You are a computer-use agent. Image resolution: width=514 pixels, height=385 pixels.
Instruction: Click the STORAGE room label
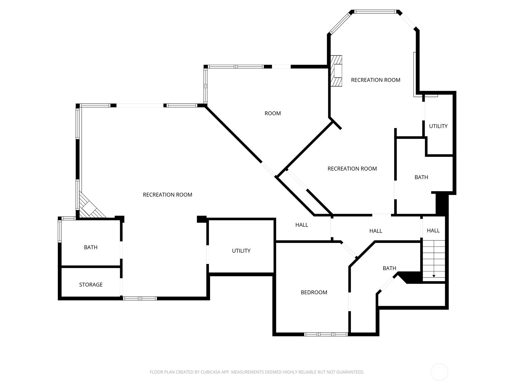click(91, 285)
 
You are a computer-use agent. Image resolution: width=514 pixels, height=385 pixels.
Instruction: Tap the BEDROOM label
click(314, 292)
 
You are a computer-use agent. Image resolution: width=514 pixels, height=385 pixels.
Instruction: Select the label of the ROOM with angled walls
click(272, 113)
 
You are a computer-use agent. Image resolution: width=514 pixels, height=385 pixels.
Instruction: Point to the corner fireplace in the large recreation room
click(91, 206)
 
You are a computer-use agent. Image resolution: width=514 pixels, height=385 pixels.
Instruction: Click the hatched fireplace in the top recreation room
click(336, 71)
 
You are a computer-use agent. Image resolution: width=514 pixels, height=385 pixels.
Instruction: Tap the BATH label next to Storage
click(91, 247)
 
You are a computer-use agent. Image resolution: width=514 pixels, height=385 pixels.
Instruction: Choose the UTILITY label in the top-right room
click(438, 126)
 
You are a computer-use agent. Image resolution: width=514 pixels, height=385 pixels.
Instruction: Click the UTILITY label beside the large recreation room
click(241, 251)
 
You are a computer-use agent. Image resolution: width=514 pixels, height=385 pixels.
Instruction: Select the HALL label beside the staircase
click(433, 230)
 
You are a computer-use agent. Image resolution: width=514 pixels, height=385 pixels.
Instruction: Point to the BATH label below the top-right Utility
click(421, 177)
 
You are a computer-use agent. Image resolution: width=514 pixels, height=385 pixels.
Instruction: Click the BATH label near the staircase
click(389, 268)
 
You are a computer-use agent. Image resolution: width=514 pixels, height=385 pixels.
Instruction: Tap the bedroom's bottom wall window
click(326, 334)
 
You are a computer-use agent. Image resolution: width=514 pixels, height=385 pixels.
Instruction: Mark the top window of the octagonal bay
click(375, 12)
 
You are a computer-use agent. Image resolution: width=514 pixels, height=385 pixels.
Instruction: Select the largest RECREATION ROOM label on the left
click(167, 195)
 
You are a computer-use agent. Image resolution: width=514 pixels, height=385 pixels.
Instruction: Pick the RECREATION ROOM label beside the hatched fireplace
click(376, 80)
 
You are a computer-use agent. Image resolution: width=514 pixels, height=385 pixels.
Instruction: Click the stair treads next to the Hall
click(434, 261)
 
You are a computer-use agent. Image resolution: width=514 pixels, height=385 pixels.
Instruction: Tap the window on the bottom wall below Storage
click(140, 298)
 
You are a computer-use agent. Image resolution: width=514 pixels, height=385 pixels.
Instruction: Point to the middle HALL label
click(376, 231)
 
